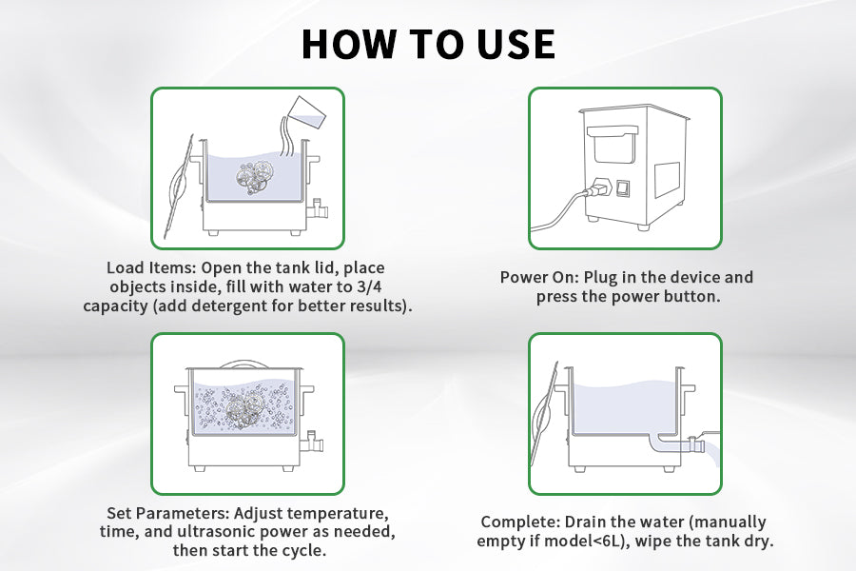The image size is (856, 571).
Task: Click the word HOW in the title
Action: pyautogui.click(x=349, y=44)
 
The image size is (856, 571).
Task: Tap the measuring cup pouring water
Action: pyautogui.click(x=304, y=112)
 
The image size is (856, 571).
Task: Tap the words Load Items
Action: pyautogui.click(x=150, y=267)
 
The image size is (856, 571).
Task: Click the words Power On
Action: pyautogui.click(x=539, y=277)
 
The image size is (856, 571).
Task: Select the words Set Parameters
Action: pyautogui.click(x=167, y=513)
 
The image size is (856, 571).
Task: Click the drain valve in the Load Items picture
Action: pyautogui.click(x=317, y=209)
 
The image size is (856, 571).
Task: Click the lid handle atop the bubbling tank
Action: pyautogui.click(x=244, y=364)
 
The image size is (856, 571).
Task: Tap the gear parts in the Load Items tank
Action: pyautogui.click(x=254, y=176)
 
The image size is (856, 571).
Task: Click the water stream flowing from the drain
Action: pyautogui.click(x=710, y=451)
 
